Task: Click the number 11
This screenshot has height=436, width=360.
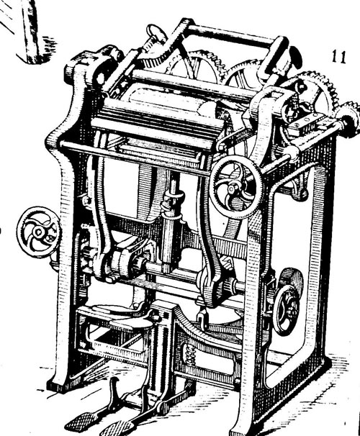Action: click(x=339, y=57)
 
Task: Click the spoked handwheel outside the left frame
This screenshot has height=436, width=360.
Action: click(x=38, y=232)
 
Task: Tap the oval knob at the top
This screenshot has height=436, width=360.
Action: click(x=156, y=33)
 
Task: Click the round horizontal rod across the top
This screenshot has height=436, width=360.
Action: click(x=231, y=36)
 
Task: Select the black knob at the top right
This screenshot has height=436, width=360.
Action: click(x=295, y=57)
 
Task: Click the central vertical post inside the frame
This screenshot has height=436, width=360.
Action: click(x=172, y=222)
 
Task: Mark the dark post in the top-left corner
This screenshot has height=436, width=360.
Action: click(x=31, y=32)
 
